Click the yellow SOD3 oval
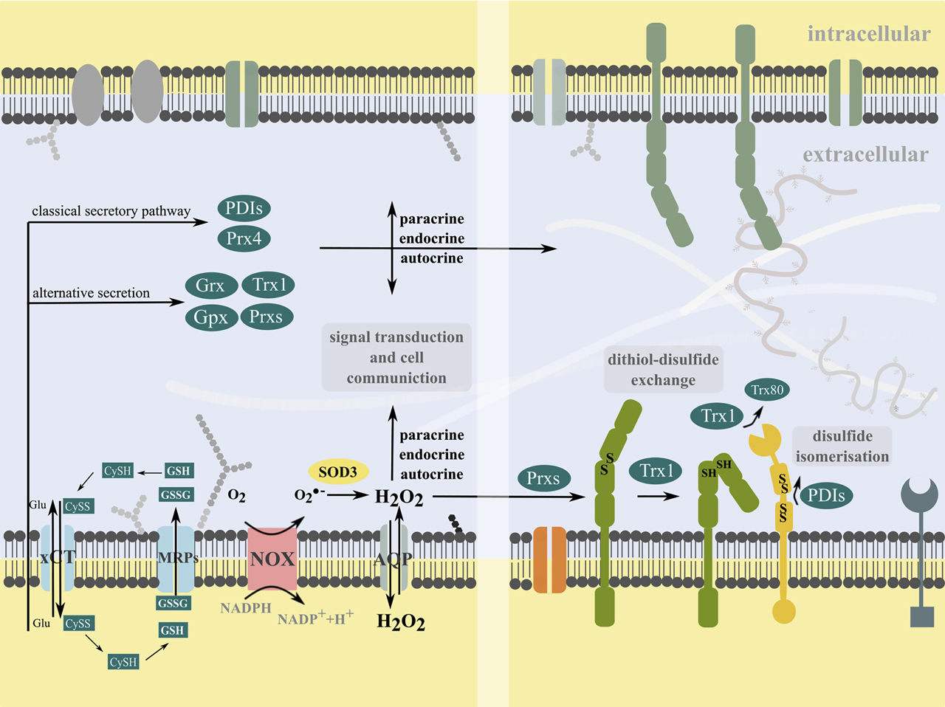[x=337, y=472]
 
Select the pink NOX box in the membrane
[x=272, y=559]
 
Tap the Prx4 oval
[x=244, y=238]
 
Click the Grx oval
[x=210, y=286]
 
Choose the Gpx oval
[x=210, y=317]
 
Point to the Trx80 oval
[x=767, y=390]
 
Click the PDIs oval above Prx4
[x=244, y=208]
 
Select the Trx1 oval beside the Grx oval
[x=269, y=285]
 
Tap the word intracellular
[x=868, y=34]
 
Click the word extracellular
[x=865, y=155]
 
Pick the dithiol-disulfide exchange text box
[x=662, y=370]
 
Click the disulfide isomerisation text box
[x=842, y=446]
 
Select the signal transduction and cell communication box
[x=396, y=357]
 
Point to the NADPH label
[x=246, y=608]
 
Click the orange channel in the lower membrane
[x=549, y=559]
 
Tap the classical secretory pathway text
[x=111, y=211]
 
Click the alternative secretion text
[x=91, y=293]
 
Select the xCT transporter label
[x=58, y=557]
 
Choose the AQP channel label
[x=393, y=559]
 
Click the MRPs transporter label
[x=178, y=558]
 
